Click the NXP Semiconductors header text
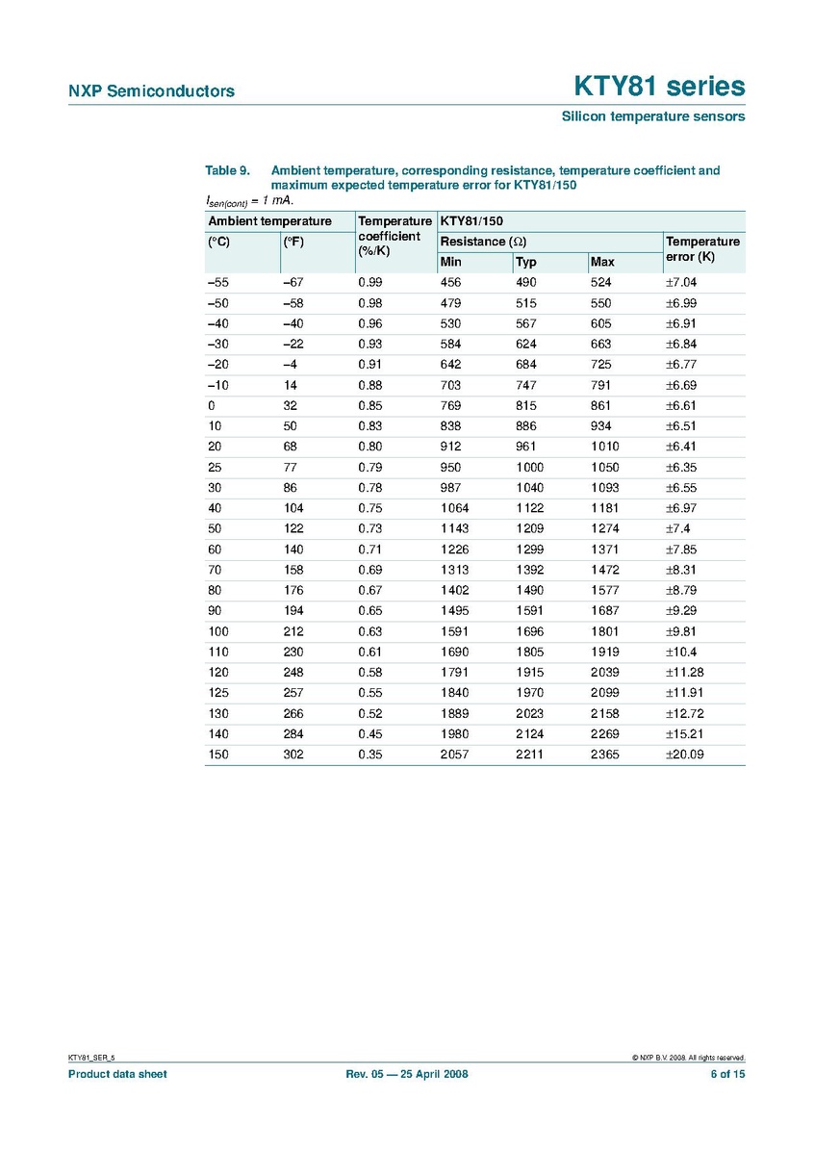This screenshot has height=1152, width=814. click(151, 91)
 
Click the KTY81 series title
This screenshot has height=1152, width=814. click(659, 87)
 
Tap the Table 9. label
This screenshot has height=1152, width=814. click(228, 170)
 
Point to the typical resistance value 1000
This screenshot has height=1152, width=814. click(529, 467)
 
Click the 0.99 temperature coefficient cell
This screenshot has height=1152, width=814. click(370, 282)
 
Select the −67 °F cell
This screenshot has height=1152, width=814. click(293, 282)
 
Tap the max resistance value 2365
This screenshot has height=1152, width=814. click(605, 755)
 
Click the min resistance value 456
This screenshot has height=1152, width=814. click(450, 282)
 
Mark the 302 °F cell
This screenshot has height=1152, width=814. click(293, 755)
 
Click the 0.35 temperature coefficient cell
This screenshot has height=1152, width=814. click(370, 755)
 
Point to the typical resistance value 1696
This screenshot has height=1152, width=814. click(529, 631)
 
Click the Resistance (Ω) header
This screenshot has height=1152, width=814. click(483, 241)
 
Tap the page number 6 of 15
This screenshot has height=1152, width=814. click(726, 1074)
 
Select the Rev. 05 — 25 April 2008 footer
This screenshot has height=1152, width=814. click(406, 1074)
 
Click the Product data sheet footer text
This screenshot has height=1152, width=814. click(116, 1074)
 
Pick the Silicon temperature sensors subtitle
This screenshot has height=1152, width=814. click(653, 116)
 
